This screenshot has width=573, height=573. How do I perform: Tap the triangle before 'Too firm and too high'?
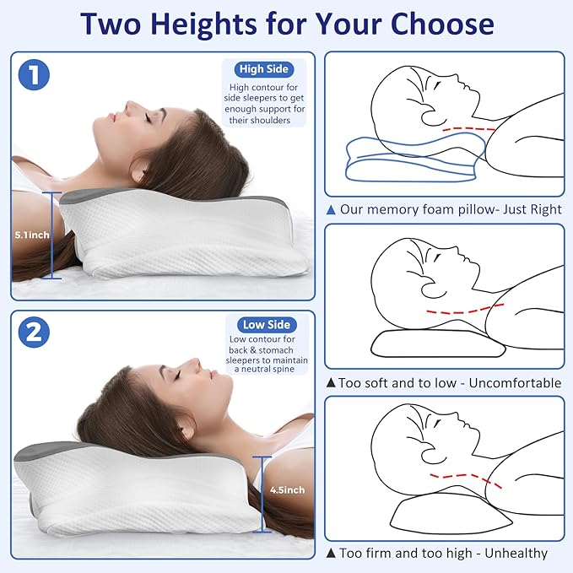coord(331,554)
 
